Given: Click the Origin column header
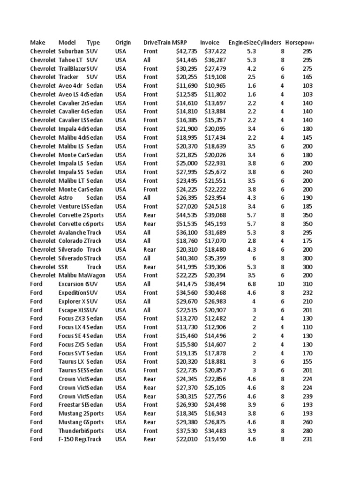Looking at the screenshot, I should click(123, 43).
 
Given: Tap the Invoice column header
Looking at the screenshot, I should click(209, 43).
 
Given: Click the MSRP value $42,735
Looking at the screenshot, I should click(187, 51).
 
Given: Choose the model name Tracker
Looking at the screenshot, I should click(69, 77).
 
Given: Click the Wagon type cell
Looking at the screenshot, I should click(96, 276).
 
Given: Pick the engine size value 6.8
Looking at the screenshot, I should click(251, 284).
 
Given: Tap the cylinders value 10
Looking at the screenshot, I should click(282, 284).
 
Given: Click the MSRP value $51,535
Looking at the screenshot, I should click(187, 224).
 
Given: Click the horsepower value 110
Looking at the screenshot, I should click(307, 327).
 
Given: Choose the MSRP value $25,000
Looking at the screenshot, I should click(187, 163).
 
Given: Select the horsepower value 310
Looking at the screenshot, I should click(307, 284).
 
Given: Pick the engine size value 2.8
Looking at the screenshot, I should click(251, 241).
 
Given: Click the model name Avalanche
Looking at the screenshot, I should click(72, 232).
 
